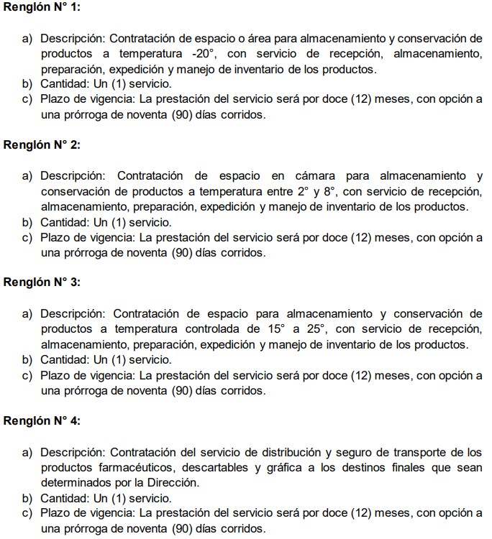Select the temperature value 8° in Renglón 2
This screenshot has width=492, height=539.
point(329,191)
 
